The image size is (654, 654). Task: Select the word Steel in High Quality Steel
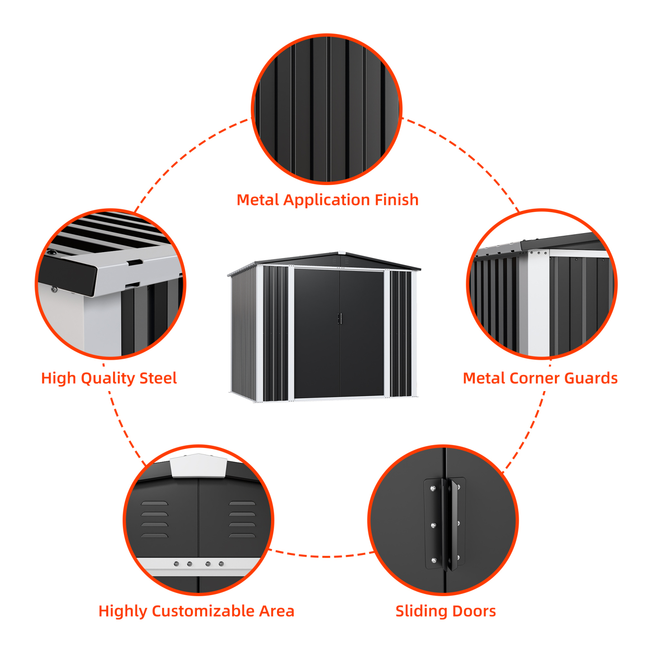(158, 378)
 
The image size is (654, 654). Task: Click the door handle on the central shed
(339, 319)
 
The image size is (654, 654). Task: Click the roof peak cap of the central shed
(342, 253)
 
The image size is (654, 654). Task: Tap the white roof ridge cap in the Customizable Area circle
(199, 466)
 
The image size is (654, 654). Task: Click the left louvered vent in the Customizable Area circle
(154, 519)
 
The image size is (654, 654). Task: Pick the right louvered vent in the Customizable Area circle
(242, 519)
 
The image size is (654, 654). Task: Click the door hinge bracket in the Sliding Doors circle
(445, 524)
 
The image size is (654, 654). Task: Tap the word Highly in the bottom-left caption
(123, 611)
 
